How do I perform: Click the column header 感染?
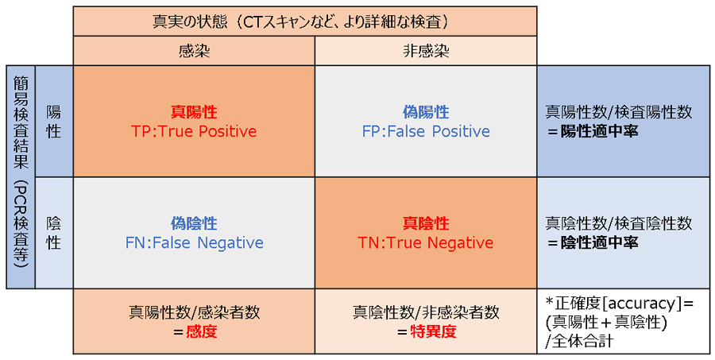click(195, 51)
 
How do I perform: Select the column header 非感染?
click(426, 51)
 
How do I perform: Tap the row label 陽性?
click(54, 122)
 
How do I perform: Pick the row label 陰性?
click(54, 233)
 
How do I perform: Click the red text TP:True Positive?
click(194, 131)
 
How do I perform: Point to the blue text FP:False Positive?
click(426, 131)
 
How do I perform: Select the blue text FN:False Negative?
click(195, 242)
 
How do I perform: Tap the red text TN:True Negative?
click(426, 242)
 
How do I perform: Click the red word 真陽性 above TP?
click(195, 112)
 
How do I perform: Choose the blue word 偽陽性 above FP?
click(426, 112)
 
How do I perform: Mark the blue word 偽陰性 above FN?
click(195, 223)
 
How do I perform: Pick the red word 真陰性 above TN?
click(426, 223)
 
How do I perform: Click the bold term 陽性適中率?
click(599, 131)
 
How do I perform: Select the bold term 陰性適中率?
click(599, 242)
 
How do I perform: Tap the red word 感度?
click(201, 331)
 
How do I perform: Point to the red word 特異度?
click(433, 331)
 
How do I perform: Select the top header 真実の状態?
click(189, 22)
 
